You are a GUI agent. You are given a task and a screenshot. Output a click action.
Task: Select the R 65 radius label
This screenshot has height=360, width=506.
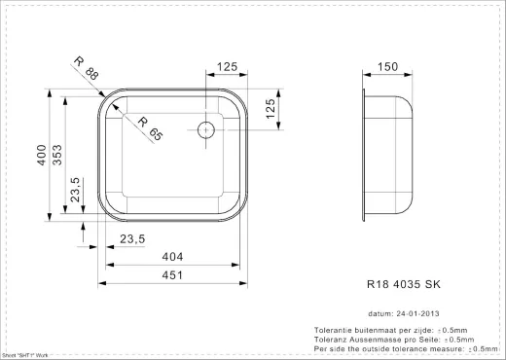(150, 128)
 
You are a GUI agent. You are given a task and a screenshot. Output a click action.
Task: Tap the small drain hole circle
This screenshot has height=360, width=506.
(205, 128)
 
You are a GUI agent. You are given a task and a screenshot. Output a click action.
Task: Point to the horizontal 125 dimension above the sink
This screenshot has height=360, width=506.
(227, 67)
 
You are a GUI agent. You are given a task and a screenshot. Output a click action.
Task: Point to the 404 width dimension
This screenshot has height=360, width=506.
(174, 258)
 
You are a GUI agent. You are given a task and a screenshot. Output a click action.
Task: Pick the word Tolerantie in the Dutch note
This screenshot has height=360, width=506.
(335, 331)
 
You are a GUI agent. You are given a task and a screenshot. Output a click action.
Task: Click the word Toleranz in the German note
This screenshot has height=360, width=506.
(333, 340)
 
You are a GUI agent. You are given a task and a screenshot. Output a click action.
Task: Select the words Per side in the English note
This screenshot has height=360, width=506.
(330, 348)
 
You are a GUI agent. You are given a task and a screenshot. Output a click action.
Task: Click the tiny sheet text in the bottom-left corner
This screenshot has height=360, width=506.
(25, 356)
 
